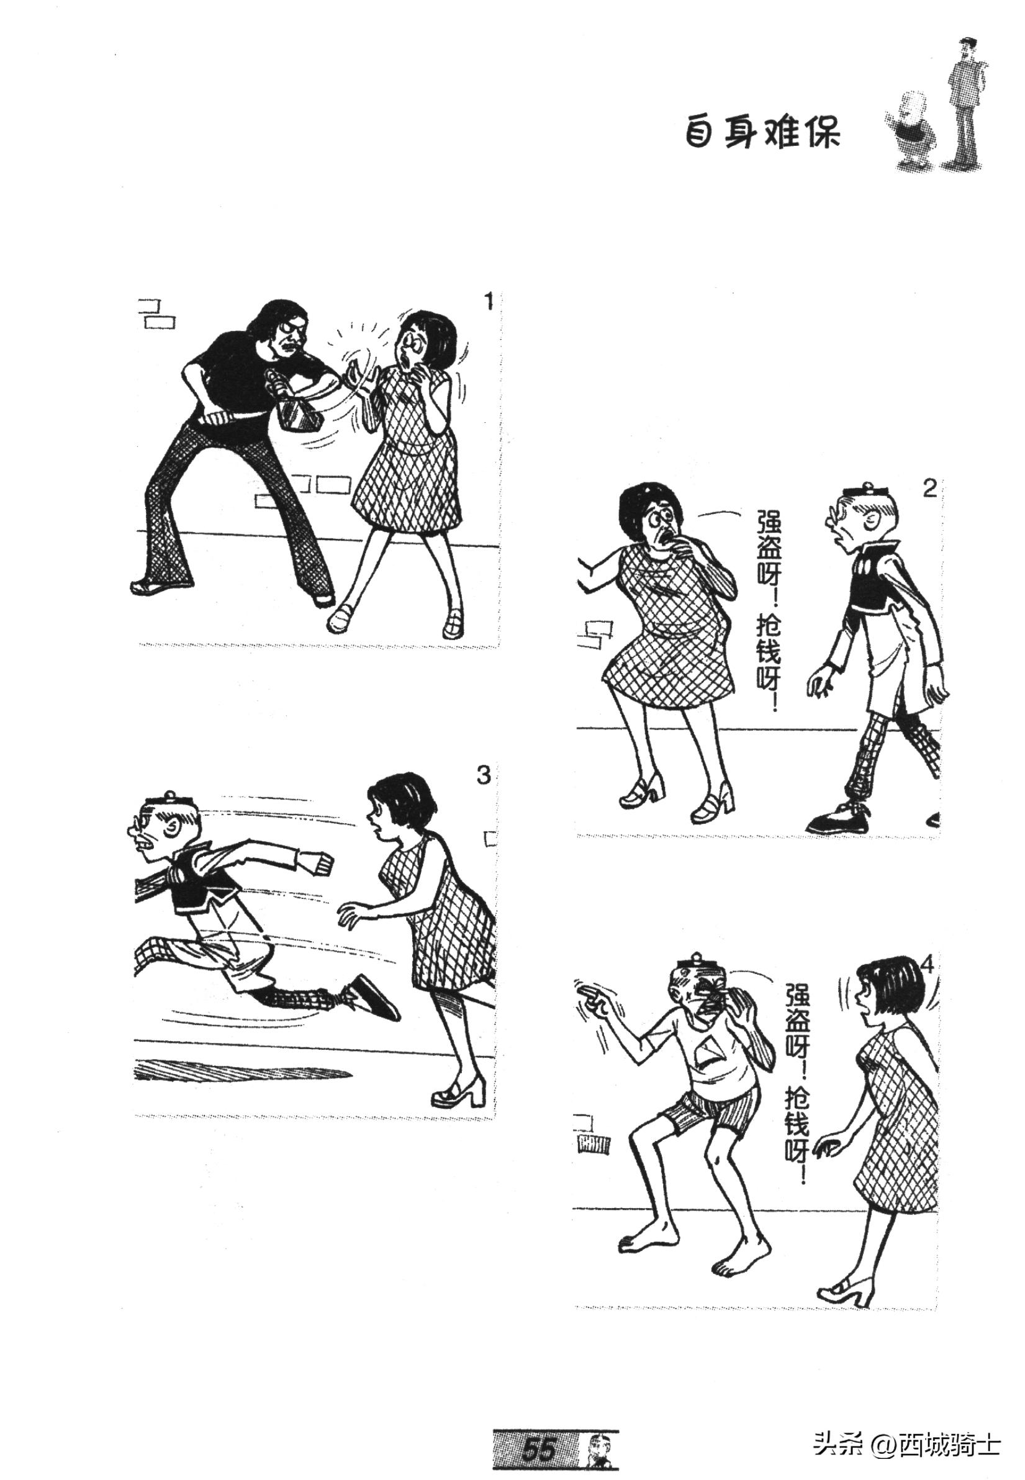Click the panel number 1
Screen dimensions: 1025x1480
(489, 301)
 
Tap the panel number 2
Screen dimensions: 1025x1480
(929, 489)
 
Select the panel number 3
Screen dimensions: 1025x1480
(483, 775)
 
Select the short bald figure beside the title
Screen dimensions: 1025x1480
(912, 132)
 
